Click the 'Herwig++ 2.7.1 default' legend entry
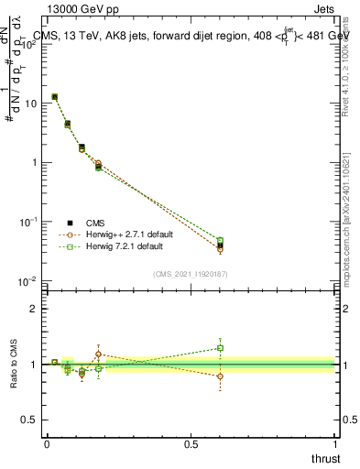click(125, 234)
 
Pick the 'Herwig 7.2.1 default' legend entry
click(122, 246)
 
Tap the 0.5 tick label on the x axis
click(191, 443)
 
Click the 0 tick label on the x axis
click(47, 443)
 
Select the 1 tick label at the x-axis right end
click(334, 443)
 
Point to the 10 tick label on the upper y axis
click(31, 104)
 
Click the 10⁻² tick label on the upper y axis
click(29, 281)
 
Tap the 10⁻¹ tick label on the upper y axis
click(29, 222)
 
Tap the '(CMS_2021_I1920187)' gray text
click(191, 274)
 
